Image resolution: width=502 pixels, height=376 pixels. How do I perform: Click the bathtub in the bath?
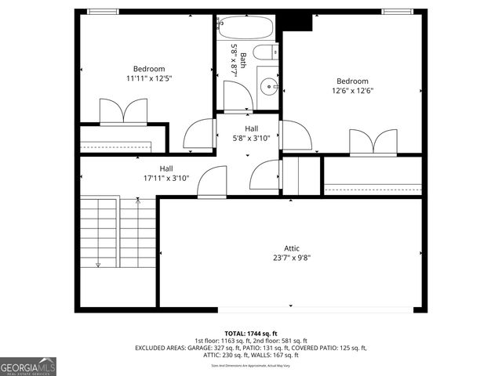pos(245,27)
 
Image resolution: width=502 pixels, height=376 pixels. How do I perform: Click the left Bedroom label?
pos(148,69)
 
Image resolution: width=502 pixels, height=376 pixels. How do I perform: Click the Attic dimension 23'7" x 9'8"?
pos(286,257)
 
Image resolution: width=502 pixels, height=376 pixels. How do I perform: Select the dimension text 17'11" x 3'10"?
pos(166,178)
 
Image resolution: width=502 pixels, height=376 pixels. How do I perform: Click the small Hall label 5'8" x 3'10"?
pos(251,138)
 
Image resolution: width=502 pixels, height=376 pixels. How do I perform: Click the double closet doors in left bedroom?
pos(123,112)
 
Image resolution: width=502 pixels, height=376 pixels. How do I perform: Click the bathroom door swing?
pos(238,96)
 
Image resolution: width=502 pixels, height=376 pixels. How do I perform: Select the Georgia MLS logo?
pos(28,366)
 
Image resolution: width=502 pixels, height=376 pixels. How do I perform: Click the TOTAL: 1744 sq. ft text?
pos(250,333)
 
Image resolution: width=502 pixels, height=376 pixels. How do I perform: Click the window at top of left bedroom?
pos(103,12)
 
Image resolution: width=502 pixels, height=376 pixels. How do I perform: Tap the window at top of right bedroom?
pos(398,12)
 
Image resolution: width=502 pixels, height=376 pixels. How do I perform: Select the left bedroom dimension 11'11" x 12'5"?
pos(148,78)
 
